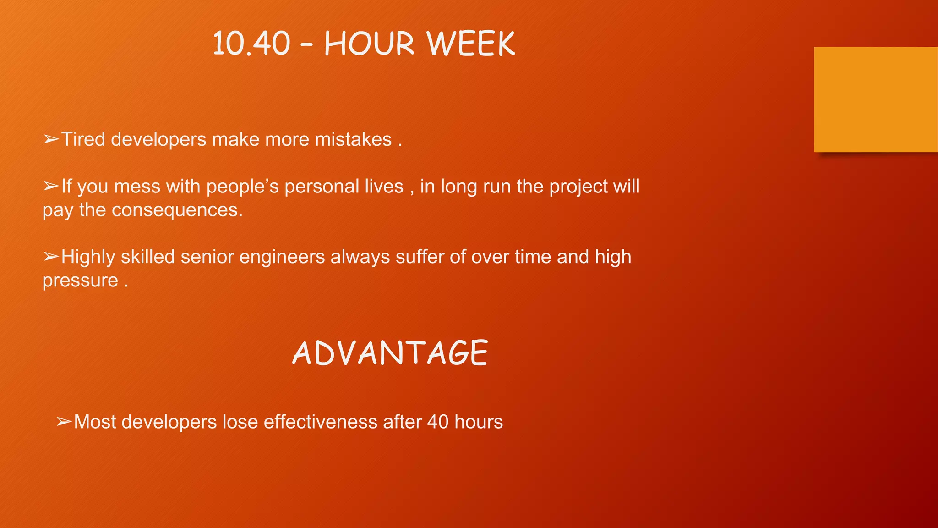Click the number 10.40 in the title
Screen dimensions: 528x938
point(251,44)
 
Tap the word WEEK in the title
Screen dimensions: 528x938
point(471,44)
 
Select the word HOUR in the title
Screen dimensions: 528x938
point(369,44)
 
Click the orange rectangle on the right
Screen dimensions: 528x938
point(875,99)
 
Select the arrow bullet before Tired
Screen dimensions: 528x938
point(51,139)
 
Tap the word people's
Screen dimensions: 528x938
point(242,187)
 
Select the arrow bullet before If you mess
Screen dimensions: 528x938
point(51,187)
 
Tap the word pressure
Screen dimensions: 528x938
point(81,280)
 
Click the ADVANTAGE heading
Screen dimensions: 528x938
point(390,353)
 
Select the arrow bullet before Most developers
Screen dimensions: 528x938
point(64,422)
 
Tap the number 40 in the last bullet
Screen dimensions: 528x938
point(438,422)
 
